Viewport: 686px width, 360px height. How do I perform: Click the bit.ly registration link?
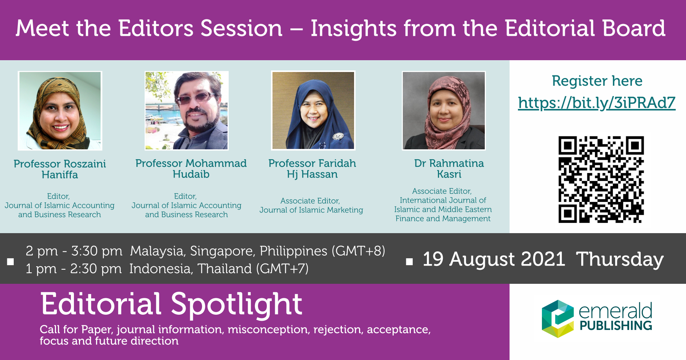pyautogui.click(x=596, y=103)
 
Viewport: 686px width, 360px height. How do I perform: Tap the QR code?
pyautogui.click(x=601, y=179)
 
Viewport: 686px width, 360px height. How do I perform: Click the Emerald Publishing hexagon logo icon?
pyautogui.click(x=558, y=319)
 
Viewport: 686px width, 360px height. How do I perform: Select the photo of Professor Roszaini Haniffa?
pyautogui.click(x=60, y=111)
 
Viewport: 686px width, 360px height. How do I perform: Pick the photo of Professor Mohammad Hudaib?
pyautogui.click(x=186, y=110)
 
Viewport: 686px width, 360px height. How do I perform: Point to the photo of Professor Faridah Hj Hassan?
pyautogui.click(x=313, y=110)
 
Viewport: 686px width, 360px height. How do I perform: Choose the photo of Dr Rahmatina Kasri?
pyautogui.click(x=444, y=110)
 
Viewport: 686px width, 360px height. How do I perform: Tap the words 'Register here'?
pyautogui.click(x=597, y=81)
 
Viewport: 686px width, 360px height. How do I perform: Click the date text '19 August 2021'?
pyautogui.click(x=494, y=259)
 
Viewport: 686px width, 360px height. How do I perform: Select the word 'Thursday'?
pyautogui.click(x=620, y=260)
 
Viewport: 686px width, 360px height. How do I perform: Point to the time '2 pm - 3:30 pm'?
pyautogui.click(x=74, y=251)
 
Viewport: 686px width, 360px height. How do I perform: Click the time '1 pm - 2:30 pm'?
pyautogui.click(x=74, y=269)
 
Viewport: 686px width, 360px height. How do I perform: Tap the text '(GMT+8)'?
pyautogui.click(x=358, y=251)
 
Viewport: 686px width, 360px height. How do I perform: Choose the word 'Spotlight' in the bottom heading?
pyautogui.click(x=236, y=305)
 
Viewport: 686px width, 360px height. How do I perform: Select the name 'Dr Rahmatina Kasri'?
pyautogui.click(x=449, y=169)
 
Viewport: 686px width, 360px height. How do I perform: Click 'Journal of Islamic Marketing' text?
pyautogui.click(x=311, y=210)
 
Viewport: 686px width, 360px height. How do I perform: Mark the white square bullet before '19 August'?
pyautogui.click(x=409, y=262)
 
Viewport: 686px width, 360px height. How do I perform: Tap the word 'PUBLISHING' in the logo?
pyautogui.click(x=616, y=326)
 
